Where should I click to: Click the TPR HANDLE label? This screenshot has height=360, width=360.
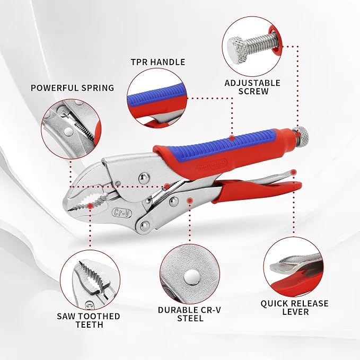pos(158,62)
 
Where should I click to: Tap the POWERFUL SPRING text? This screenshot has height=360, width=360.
pos(72,88)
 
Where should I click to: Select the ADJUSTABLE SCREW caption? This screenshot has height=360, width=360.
pos(252,87)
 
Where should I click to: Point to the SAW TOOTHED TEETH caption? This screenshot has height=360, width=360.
pos(89,320)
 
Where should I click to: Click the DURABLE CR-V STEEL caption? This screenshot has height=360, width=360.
pos(190,314)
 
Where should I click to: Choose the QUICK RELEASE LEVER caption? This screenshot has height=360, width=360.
pos(295,308)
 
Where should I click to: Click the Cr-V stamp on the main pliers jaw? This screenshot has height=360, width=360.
pos(122,213)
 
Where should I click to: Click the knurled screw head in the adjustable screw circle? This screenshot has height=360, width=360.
pos(237,50)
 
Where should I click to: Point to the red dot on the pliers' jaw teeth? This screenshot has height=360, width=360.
pos(91,206)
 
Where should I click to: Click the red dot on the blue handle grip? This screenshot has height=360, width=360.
pos(232,138)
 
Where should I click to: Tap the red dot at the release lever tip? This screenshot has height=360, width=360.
pos(293,172)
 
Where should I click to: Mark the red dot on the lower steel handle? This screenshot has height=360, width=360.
pos(190,200)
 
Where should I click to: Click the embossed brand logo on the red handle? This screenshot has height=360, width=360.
pos(212,164)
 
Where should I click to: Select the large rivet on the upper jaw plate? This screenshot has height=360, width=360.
pos(144,178)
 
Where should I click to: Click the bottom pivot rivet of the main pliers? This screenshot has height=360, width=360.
pos(145,226)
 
